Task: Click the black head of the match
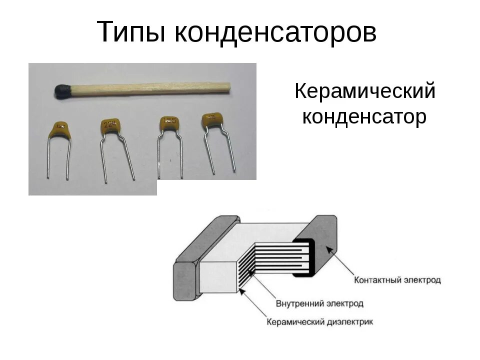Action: (62, 91)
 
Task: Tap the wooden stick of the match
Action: (150, 88)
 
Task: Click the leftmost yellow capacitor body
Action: (60, 129)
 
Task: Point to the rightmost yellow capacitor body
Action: (212, 120)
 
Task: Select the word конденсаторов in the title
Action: (275, 32)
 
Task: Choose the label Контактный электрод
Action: (397, 279)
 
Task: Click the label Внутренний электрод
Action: (319, 303)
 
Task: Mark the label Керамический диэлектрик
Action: (320, 322)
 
